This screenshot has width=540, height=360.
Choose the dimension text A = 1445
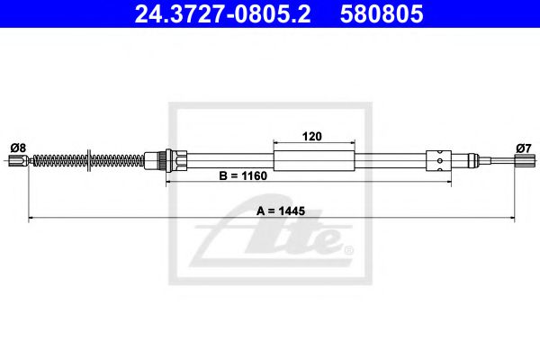tap(280, 211)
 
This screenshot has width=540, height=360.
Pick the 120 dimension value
tap(313, 137)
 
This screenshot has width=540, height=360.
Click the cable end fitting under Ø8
tap(16, 162)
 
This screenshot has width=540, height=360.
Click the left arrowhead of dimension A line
tap(32, 218)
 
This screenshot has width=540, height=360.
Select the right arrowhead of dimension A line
tap(512, 218)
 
